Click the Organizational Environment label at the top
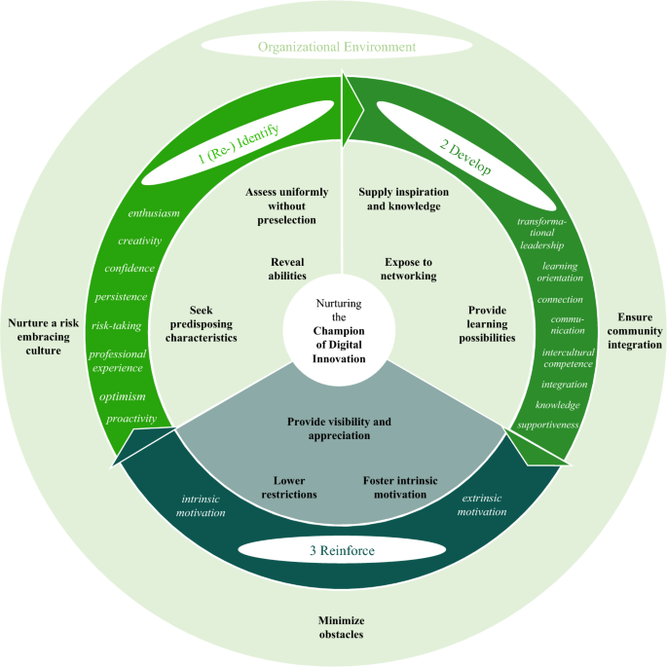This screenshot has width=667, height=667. (x=336, y=46)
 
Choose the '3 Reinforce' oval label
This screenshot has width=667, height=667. (x=334, y=550)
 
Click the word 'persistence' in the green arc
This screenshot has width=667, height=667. (x=122, y=296)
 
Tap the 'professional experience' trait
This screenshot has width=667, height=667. (x=117, y=360)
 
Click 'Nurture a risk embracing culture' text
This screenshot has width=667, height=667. (x=41, y=336)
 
